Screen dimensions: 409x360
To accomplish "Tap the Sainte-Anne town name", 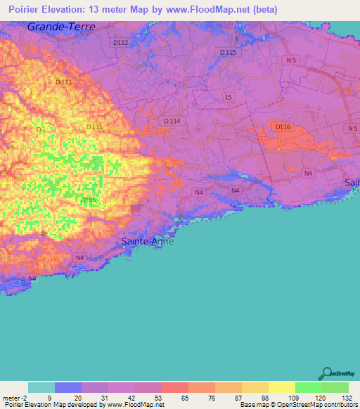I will click(144, 241).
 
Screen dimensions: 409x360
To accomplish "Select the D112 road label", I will click(120, 43).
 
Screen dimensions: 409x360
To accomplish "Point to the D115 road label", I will click(228, 53).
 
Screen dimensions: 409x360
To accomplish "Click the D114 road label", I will click(172, 122).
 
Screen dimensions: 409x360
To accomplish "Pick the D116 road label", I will click(283, 126).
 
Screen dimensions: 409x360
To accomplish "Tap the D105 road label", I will click(88, 200).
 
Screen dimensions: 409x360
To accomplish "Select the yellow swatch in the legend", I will click(281, 387).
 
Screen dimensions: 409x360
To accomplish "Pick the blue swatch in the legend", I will click(68, 387).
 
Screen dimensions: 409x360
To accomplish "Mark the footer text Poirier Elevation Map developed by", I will click(51, 405).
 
